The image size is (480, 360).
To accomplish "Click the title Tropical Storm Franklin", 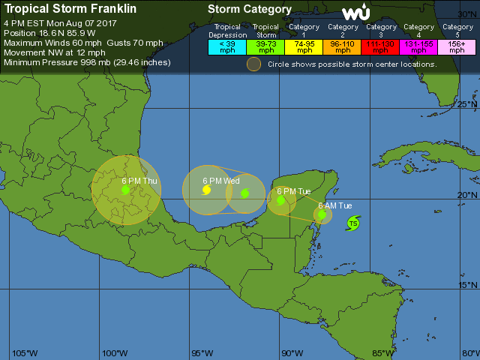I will (61, 10).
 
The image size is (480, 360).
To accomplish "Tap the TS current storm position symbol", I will (353, 223).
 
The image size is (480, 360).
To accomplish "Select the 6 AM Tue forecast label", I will (334, 205).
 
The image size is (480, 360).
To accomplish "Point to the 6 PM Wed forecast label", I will (221, 181).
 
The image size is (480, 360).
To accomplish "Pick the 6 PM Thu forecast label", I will (139, 181).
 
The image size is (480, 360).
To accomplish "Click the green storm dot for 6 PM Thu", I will (126, 190).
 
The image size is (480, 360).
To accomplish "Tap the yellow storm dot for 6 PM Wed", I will (206, 190).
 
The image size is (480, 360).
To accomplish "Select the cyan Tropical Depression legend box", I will (226, 46).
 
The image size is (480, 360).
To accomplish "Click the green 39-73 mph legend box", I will (265, 46).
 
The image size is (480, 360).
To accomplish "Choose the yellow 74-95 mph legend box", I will (304, 46).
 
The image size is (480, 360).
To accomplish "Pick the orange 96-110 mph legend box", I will (342, 46).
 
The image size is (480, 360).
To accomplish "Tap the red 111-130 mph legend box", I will (380, 46).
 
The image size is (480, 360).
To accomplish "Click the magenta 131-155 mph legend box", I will (418, 46).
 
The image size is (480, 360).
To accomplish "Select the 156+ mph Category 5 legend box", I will (457, 46).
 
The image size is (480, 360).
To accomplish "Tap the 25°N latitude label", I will (468, 104).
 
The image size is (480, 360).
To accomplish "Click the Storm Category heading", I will (249, 10).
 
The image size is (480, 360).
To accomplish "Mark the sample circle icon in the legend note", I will (254, 64).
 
